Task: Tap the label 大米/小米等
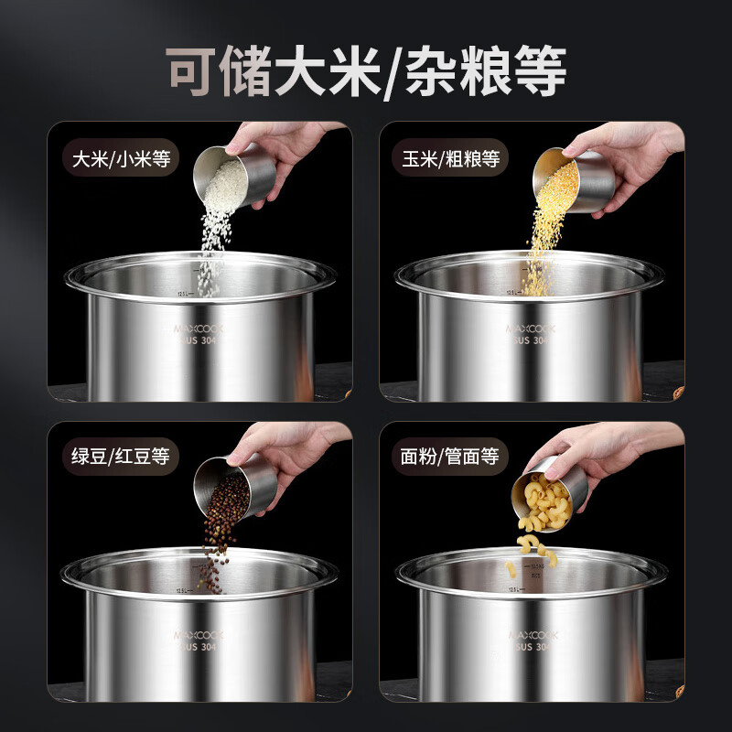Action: [123, 158]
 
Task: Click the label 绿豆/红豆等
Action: [123, 455]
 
